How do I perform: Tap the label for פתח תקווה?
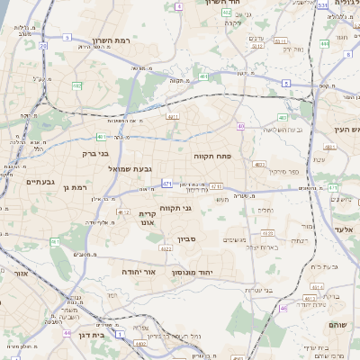coord(212,156)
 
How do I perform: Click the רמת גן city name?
coord(77,187)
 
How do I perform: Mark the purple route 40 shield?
coord(240,126)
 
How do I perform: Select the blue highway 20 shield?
coord(42,46)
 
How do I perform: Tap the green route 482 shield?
coord(77,85)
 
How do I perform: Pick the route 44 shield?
coord(67,332)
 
